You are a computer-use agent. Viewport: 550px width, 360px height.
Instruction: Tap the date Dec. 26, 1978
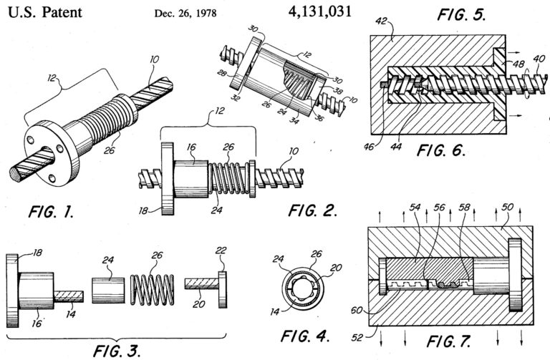(188, 13)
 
